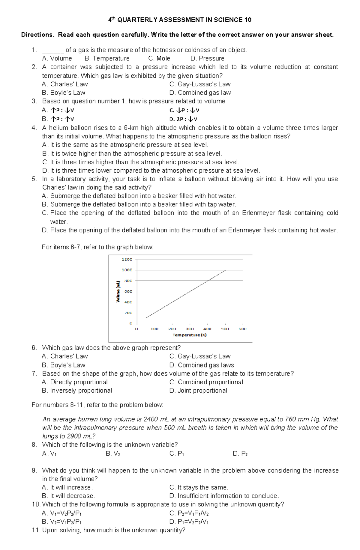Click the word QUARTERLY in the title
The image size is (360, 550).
pyautogui.click(x=137, y=20)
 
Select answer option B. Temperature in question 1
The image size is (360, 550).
pyautogui.click(x=107, y=58)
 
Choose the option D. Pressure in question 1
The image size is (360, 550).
pyautogui.click(x=207, y=58)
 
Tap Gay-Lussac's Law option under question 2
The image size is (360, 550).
pyautogui.click(x=200, y=84)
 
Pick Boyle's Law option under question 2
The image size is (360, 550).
pyautogui.click(x=64, y=93)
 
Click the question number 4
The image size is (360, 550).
pyautogui.click(x=34, y=128)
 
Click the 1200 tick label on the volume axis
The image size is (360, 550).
pyautogui.click(x=127, y=259)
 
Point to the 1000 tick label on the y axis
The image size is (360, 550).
pyautogui.click(x=127, y=270)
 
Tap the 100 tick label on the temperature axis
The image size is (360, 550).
pyautogui.click(x=154, y=329)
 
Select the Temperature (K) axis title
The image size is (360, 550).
pyautogui.click(x=190, y=335)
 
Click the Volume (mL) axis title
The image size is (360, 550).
pyautogui.click(x=118, y=291)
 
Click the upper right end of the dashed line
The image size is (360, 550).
pyautogui.click(x=225, y=270)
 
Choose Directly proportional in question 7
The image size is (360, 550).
pyautogui.click(x=75, y=382)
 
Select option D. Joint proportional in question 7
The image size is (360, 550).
pyautogui.click(x=198, y=391)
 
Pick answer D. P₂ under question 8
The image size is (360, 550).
pyautogui.click(x=240, y=454)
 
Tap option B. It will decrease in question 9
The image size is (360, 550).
pyautogui.click(x=68, y=496)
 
